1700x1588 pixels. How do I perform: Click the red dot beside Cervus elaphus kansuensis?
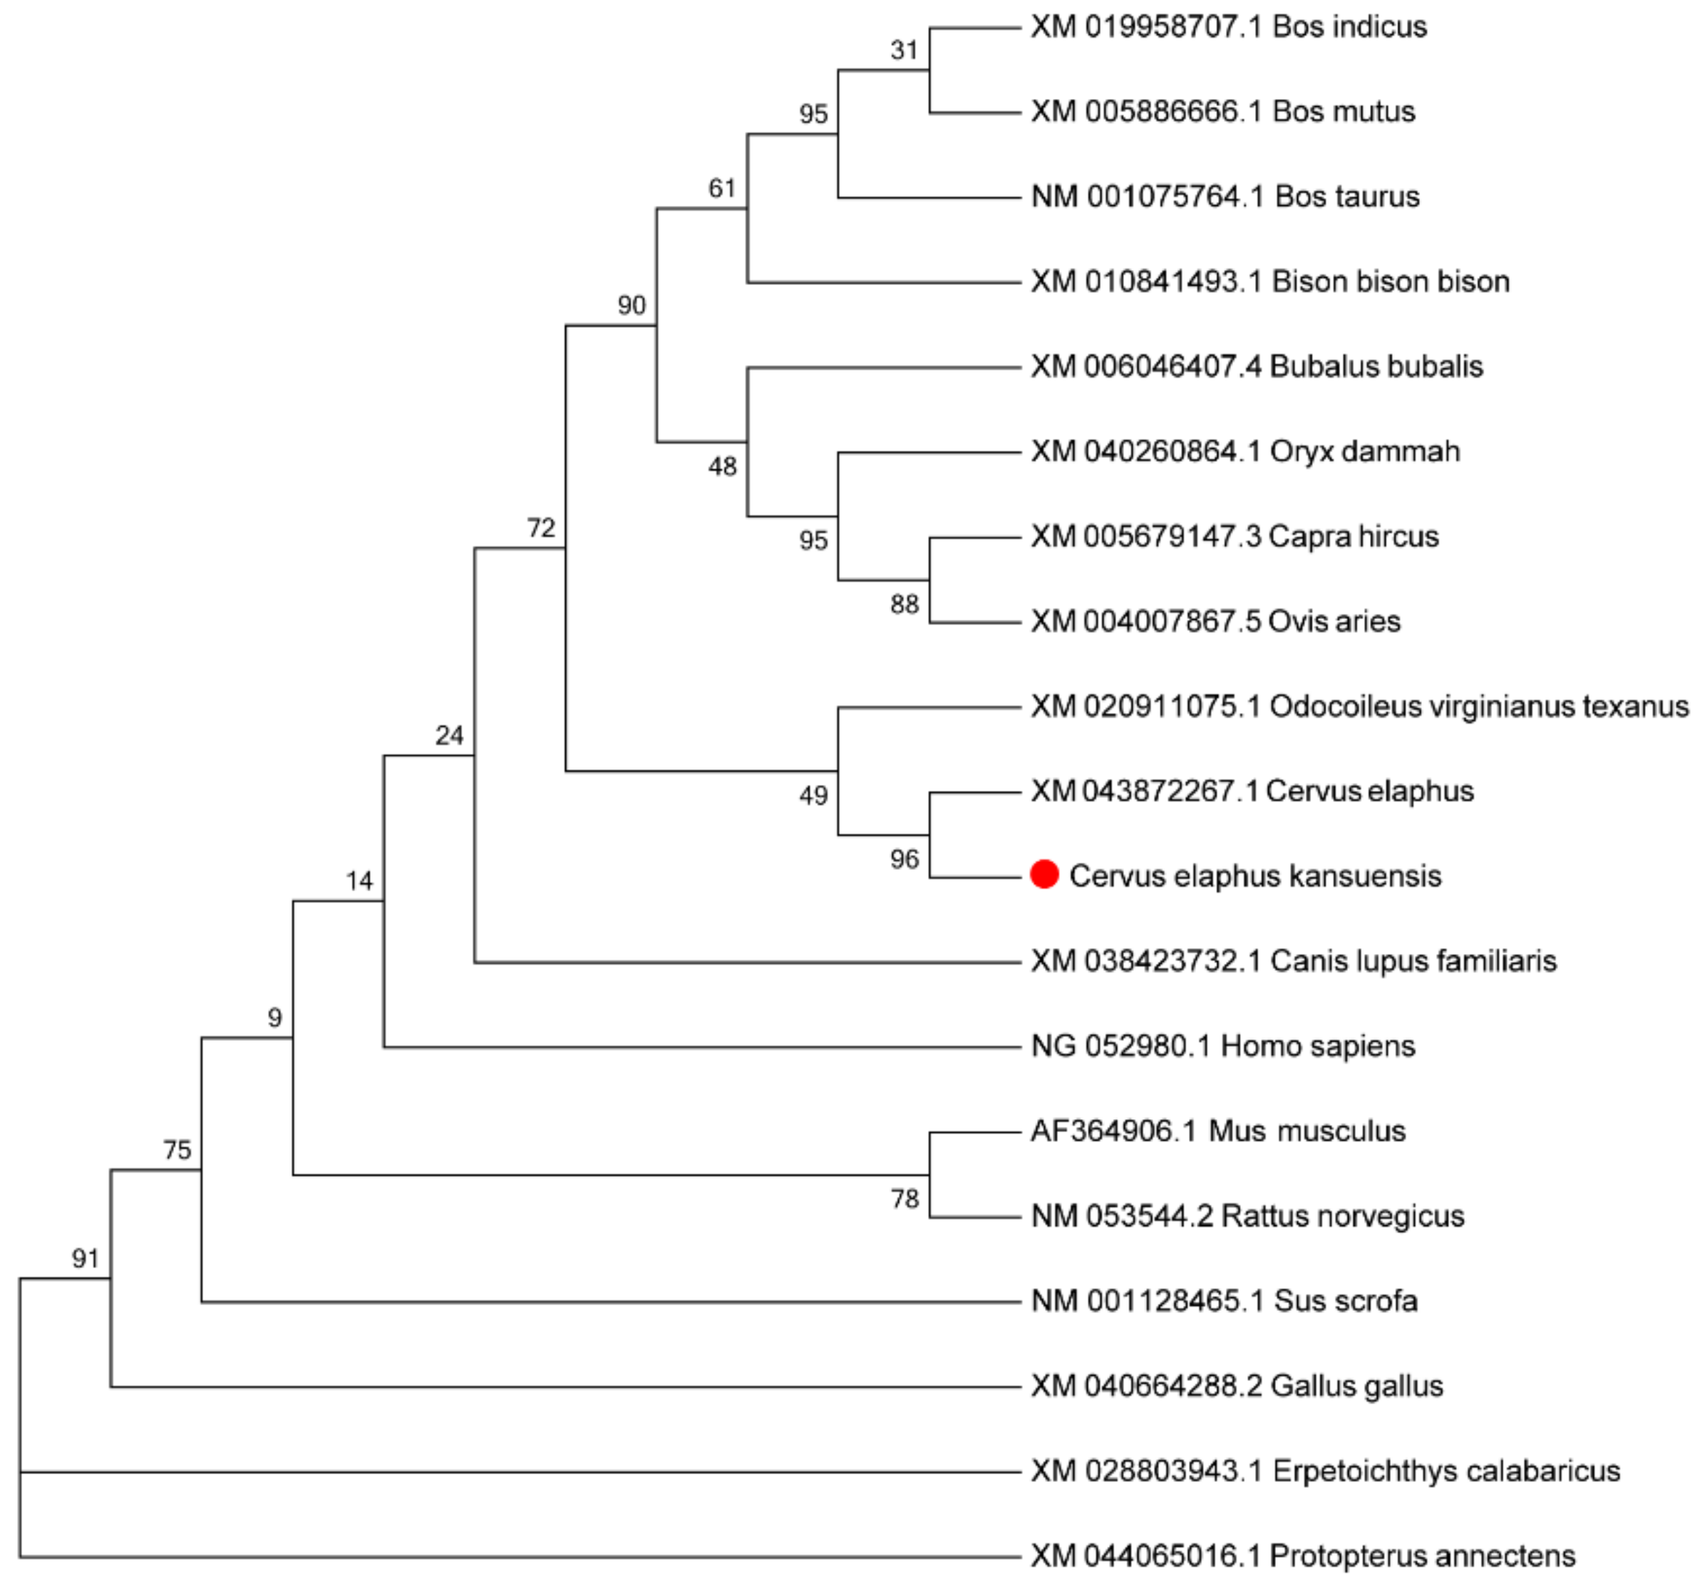click(x=1044, y=874)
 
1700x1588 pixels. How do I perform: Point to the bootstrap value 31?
click(x=904, y=51)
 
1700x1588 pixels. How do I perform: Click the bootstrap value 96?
click(x=904, y=859)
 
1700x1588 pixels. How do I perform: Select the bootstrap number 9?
click(x=274, y=1017)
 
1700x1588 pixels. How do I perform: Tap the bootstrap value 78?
click(x=904, y=1199)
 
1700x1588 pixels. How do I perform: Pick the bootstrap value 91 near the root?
click(x=86, y=1258)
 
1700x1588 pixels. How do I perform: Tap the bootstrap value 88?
click(x=904, y=604)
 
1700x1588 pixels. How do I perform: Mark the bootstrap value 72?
click(x=541, y=527)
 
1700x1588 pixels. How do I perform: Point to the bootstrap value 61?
click(x=723, y=188)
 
